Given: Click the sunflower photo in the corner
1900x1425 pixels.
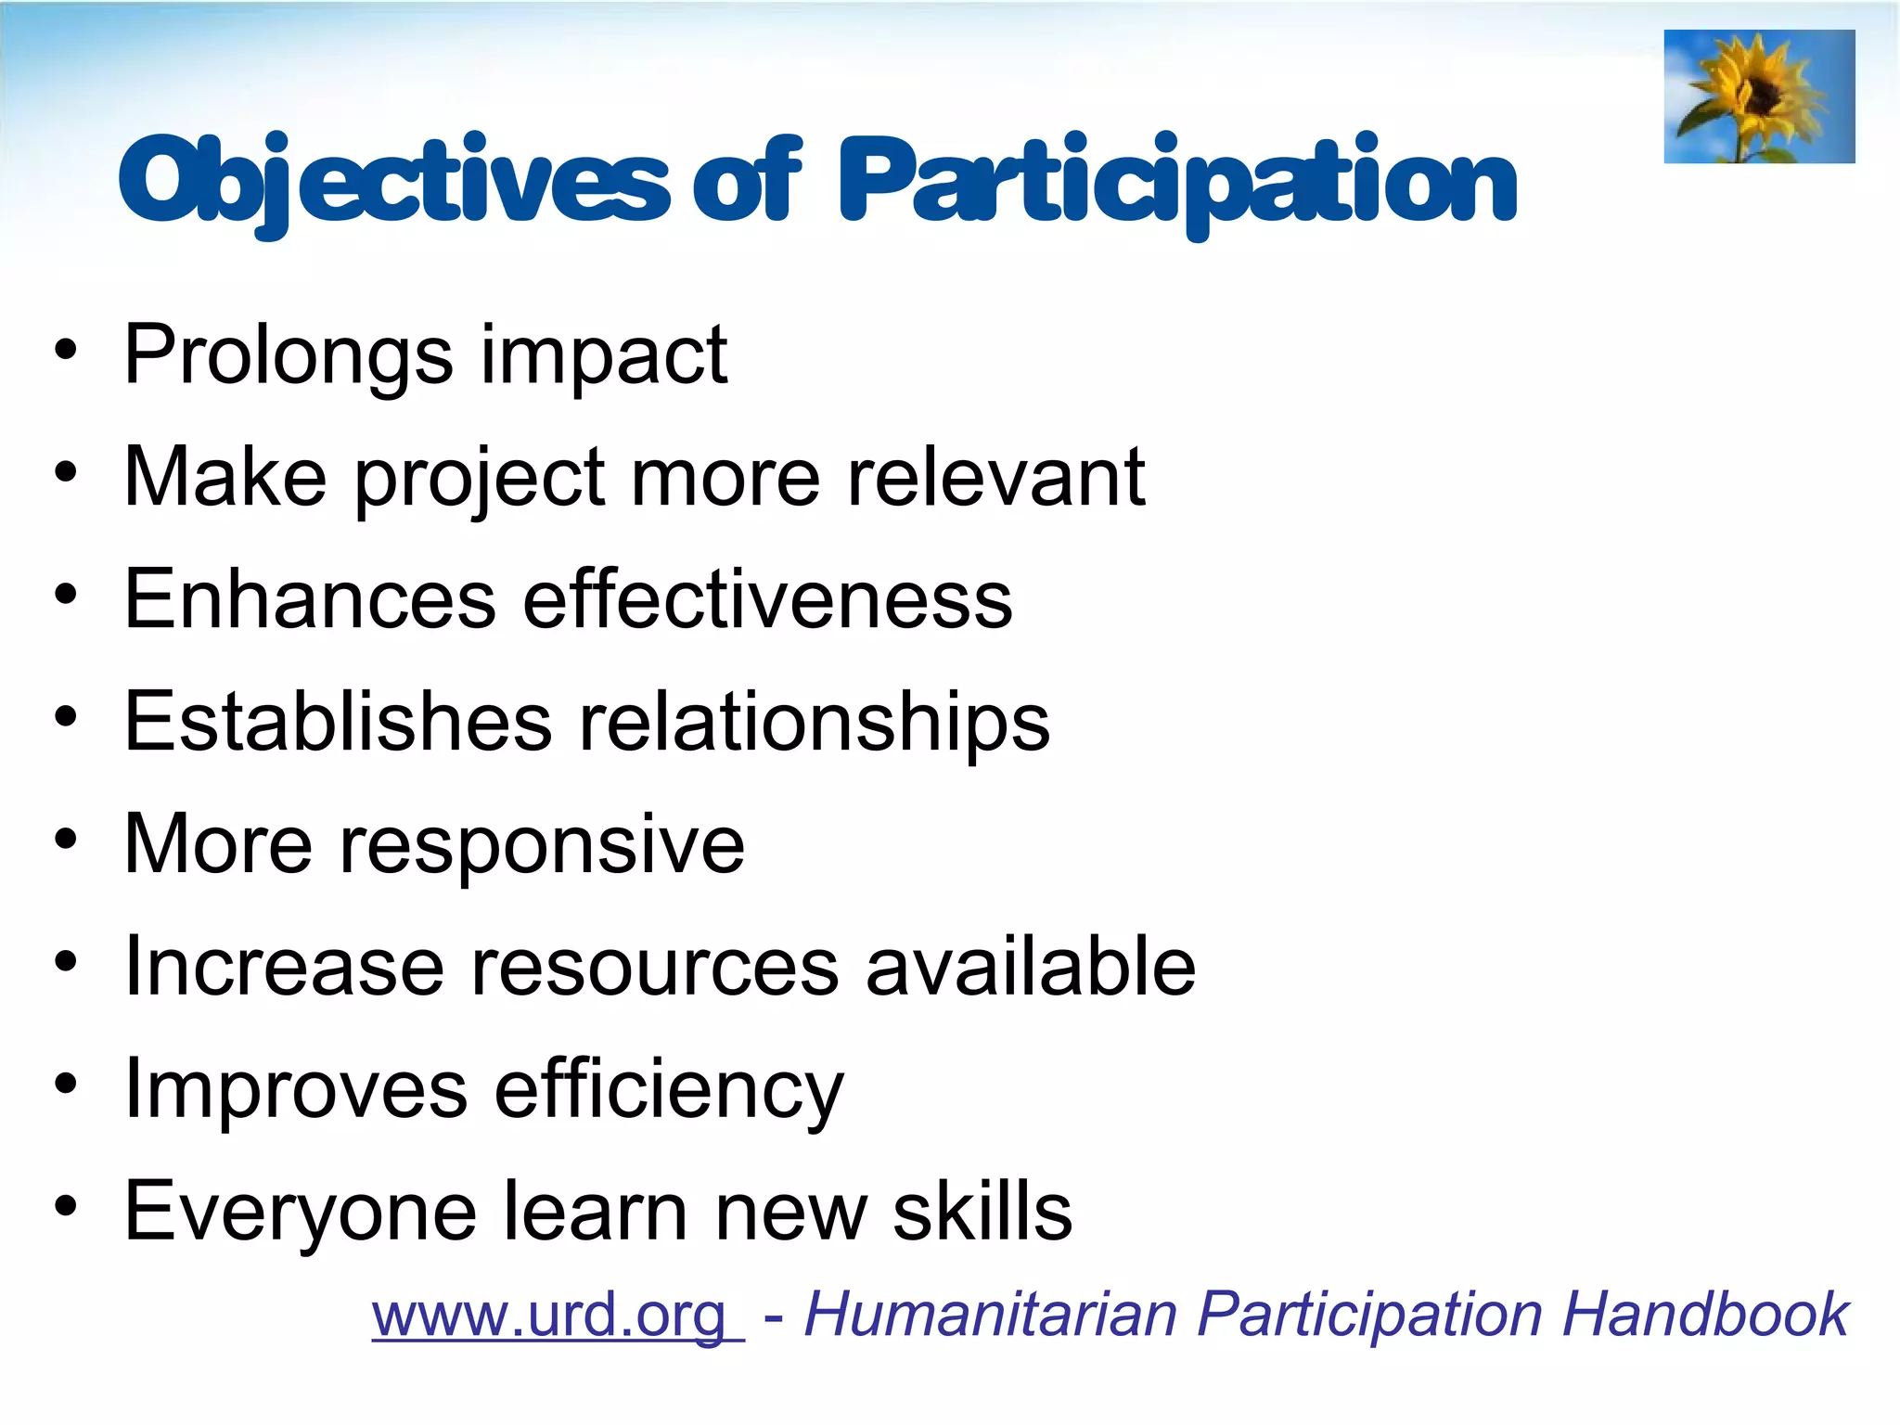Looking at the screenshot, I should (1759, 96).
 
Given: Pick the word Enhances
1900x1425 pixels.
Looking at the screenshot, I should (310, 600).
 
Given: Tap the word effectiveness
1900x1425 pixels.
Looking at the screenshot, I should (767, 600).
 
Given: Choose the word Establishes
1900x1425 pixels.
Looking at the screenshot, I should (338, 723).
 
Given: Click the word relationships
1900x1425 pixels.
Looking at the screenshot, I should (814, 723).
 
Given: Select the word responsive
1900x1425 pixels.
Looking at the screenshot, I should (542, 846).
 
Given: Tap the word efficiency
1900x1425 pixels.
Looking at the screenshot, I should (668, 1091).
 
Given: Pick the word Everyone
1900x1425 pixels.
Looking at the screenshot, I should (301, 1213).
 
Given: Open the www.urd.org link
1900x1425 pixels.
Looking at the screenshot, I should (557, 1316).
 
